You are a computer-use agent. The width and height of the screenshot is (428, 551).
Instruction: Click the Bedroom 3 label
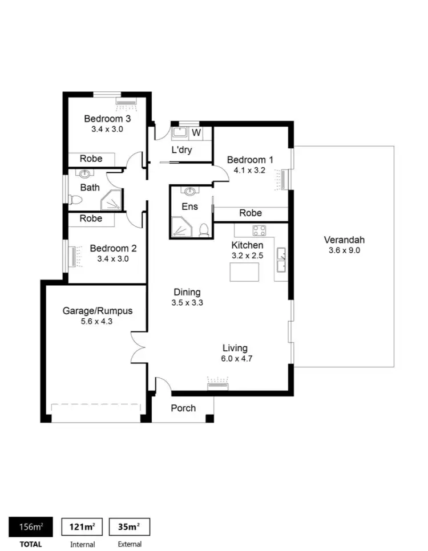click(107, 119)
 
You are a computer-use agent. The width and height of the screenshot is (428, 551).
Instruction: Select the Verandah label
click(344, 240)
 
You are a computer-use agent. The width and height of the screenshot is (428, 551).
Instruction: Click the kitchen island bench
click(244, 273)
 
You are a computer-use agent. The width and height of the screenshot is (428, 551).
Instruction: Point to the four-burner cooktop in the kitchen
click(260, 230)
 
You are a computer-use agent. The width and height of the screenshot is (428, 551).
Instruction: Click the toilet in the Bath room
click(75, 200)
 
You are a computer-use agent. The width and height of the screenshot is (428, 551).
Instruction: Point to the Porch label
click(183, 408)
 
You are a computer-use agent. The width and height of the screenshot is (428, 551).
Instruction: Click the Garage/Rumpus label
click(97, 311)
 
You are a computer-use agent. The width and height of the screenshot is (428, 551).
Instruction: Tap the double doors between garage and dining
click(138, 346)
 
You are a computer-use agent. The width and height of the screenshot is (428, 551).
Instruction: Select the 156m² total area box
click(31, 526)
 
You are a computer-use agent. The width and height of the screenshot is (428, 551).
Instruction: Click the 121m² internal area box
click(82, 526)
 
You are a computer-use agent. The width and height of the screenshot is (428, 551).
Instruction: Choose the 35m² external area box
click(130, 526)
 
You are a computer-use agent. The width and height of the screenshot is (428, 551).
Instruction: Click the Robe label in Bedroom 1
click(251, 213)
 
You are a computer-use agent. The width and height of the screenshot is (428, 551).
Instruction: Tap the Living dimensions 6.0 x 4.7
click(235, 358)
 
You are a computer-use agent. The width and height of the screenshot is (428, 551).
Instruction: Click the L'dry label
click(181, 151)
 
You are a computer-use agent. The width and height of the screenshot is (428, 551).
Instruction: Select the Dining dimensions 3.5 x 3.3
click(187, 303)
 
